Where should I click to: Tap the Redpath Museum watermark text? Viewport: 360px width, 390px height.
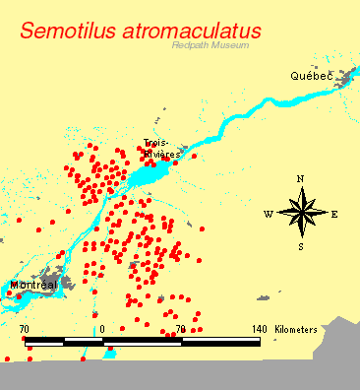pyautogui.click(x=210, y=45)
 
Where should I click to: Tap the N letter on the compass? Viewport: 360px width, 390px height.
pyautogui.click(x=301, y=179)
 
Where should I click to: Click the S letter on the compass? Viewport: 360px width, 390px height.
pyautogui.click(x=301, y=246)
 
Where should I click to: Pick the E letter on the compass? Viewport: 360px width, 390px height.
pyautogui.click(x=334, y=214)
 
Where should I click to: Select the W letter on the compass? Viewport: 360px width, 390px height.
pyautogui.click(x=268, y=214)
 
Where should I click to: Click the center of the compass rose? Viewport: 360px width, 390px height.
pyautogui.click(x=301, y=213)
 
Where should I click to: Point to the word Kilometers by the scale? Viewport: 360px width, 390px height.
pyautogui.click(x=296, y=329)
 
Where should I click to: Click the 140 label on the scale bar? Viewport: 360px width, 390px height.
pyautogui.click(x=259, y=329)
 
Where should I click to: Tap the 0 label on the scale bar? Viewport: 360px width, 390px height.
pyautogui.click(x=102, y=329)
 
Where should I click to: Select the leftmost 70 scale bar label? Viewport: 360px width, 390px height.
pyautogui.click(x=25, y=329)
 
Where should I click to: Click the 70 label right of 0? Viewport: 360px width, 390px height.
pyautogui.click(x=180, y=329)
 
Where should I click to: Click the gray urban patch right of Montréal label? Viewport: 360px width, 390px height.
pyautogui.click(x=64, y=284)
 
